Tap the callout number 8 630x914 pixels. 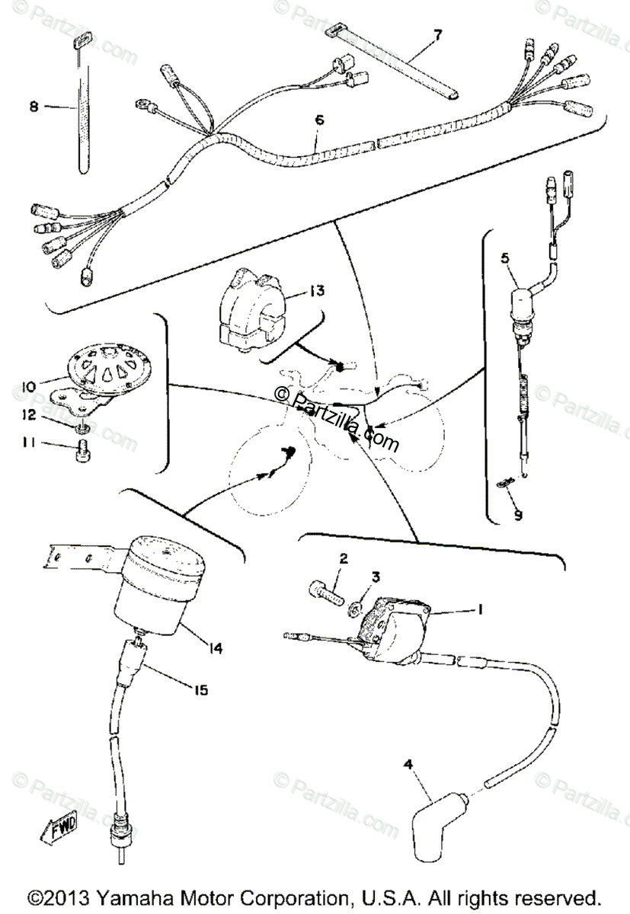point(34,107)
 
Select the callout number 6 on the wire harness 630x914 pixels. point(318,120)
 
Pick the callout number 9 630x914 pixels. point(518,515)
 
